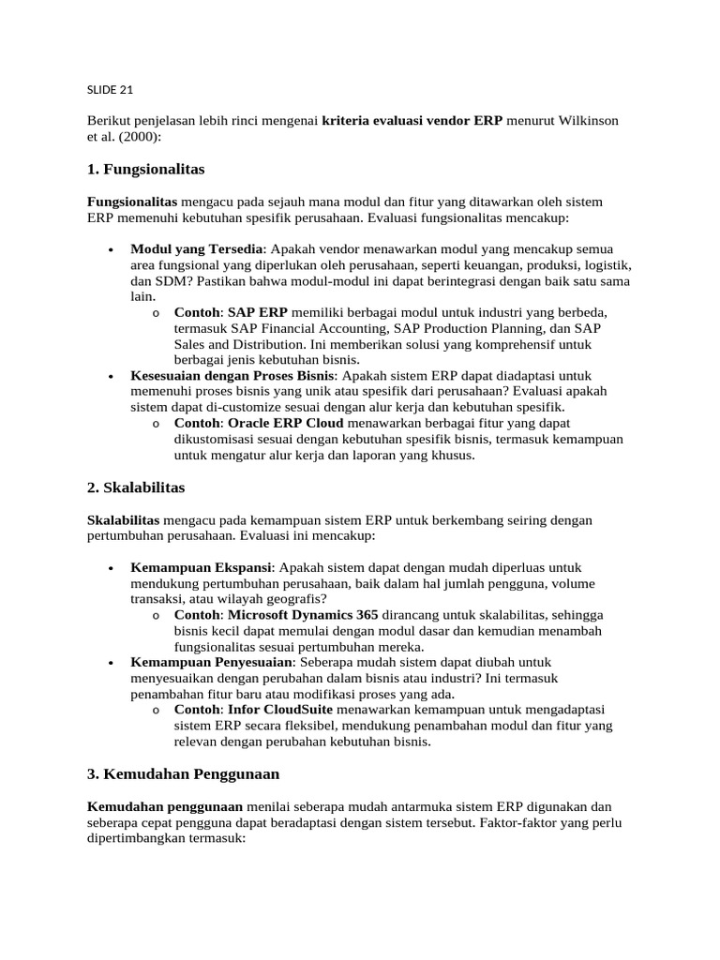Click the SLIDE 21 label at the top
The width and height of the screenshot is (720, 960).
coord(110,90)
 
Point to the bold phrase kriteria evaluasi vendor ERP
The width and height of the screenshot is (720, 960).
coord(412,121)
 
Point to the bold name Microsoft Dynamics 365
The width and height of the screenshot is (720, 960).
coord(303,615)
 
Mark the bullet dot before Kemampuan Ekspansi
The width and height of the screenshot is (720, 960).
coord(112,568)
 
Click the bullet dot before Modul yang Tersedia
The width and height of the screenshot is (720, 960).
coord(112,249)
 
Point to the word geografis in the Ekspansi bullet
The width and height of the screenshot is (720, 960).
coord(295,599)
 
